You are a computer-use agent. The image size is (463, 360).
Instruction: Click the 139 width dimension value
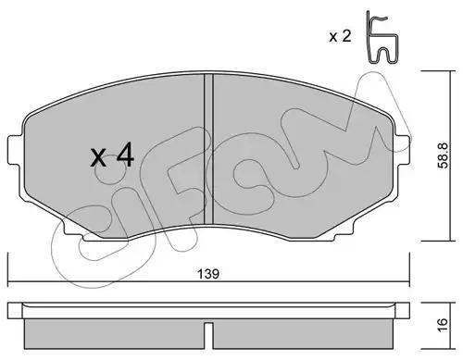pos(208,274)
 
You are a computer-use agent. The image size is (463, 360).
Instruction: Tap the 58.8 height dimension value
pos(444,155)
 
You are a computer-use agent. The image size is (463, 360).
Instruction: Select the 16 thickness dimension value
pos(443,325)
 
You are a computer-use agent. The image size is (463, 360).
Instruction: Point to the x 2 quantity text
pos(340,36)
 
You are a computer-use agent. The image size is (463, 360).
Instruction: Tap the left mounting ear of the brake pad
pos(16,150)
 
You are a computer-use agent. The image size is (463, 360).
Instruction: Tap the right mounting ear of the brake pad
pos(403,150)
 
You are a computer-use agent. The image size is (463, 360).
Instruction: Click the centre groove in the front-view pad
pos(208,149)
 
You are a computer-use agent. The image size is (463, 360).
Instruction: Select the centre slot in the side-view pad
pos(208,336)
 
